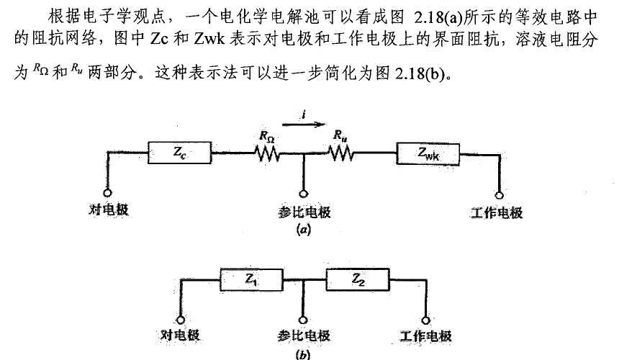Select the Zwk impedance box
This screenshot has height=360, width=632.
pos(428,153)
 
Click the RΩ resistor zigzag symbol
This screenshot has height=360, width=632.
pos(267,153)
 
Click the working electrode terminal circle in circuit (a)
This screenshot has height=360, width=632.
pos(498,192)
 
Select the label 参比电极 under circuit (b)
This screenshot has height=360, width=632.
pos(304,337)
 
